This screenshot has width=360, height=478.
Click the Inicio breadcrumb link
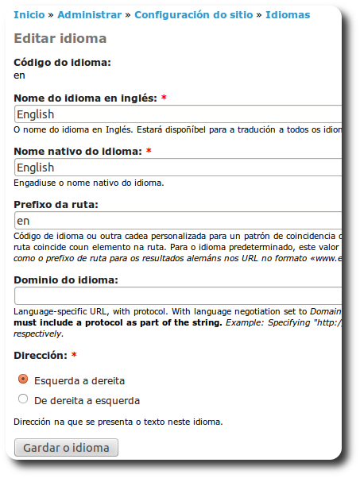pos(29,14)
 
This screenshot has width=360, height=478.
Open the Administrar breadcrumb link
pos(89,14)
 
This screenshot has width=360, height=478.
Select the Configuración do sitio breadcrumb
pos(194,14)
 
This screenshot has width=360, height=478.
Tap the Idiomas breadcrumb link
pos(288,14)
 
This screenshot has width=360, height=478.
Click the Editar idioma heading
pos(60,38)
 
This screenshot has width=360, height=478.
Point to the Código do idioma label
pos(63,62)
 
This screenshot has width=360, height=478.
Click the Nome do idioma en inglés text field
pos(178,114)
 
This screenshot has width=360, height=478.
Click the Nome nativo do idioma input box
pos(178,168)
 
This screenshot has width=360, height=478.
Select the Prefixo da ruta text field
pos(178,220)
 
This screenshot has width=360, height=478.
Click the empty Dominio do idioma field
pos(178,295)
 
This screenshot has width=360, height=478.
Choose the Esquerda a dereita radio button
pos(23,380)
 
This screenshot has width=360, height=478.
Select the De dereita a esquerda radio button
pos(23,399)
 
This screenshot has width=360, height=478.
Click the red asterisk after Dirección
pos(74,354)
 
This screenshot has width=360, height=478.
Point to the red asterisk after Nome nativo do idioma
pos(149,151)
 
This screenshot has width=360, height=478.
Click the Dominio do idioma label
pos(66,279)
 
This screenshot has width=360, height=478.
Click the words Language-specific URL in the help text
pos(62,311)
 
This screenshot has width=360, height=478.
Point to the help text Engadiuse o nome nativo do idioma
pos(89,183)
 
